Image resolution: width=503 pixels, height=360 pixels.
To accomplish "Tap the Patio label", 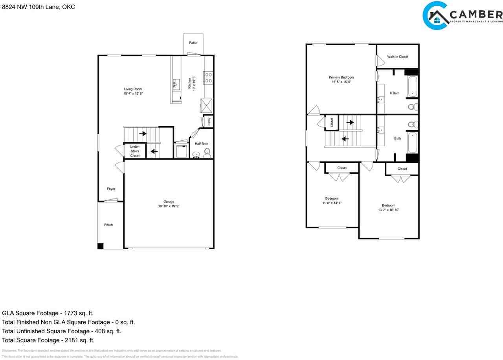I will [x=193, y=42].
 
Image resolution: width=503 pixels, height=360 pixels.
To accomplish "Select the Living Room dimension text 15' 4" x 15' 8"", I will [x=133, y=94].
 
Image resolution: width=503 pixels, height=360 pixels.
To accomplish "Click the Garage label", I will [x=169, y=202].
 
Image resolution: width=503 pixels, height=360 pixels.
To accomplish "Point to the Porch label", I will [x=108, y=225].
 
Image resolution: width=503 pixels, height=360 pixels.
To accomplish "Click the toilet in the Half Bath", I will [x=207, y=152].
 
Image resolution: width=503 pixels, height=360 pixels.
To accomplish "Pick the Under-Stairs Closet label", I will [x=135, y=151].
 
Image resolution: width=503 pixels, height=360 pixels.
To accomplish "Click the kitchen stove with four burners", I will [x=207, y=77].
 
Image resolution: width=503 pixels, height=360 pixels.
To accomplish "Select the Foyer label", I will [x=111, y=189].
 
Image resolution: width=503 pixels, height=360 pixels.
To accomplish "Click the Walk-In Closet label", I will [x=397, y=57].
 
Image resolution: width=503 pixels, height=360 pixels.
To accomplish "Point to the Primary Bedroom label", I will [x=341, y=77].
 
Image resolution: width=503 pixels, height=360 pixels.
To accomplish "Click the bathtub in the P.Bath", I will [x=412, y=86].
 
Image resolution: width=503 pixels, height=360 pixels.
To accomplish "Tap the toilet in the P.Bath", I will [x=411, y=106].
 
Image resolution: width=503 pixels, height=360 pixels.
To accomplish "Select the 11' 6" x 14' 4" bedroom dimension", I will [x=332, y=203].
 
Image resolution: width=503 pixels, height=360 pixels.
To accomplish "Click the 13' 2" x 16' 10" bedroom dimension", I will [x=388, y=210].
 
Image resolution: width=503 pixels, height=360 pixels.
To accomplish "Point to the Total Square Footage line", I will [x=48, y=340].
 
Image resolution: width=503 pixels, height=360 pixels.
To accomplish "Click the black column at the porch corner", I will [x=100, y=246].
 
